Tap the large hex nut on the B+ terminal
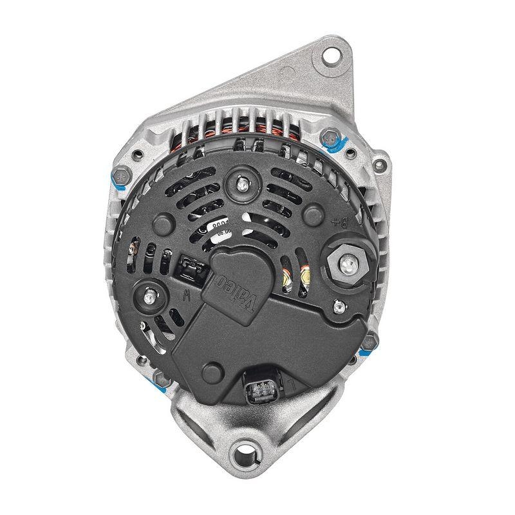click(347, 263)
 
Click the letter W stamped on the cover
click(187, 297)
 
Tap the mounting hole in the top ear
click(331, 54)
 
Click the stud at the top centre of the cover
click(243, 182)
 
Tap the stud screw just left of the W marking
click(149, 297)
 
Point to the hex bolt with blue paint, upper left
click(120, 176)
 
